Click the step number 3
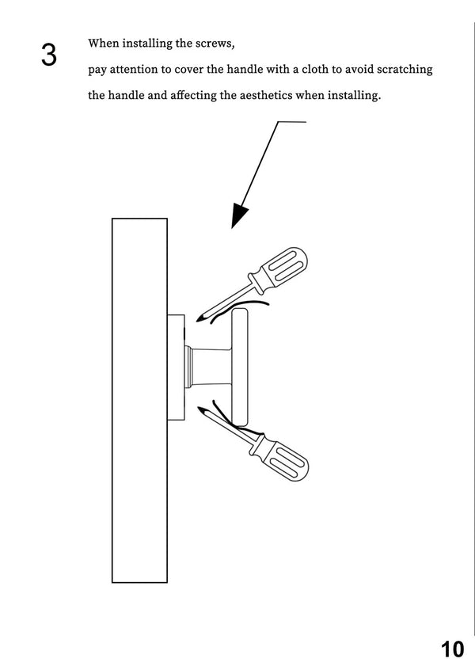point(49,55)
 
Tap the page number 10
point(452,649)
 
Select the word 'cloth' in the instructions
point(315,69)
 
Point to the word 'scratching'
point(405,70)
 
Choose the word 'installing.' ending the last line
point(354,95)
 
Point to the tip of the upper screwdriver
point(197,321)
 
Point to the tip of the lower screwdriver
point(198,408)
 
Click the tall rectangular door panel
point(139,401)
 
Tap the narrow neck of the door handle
point(210,367)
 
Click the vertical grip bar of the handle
point(240,367)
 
